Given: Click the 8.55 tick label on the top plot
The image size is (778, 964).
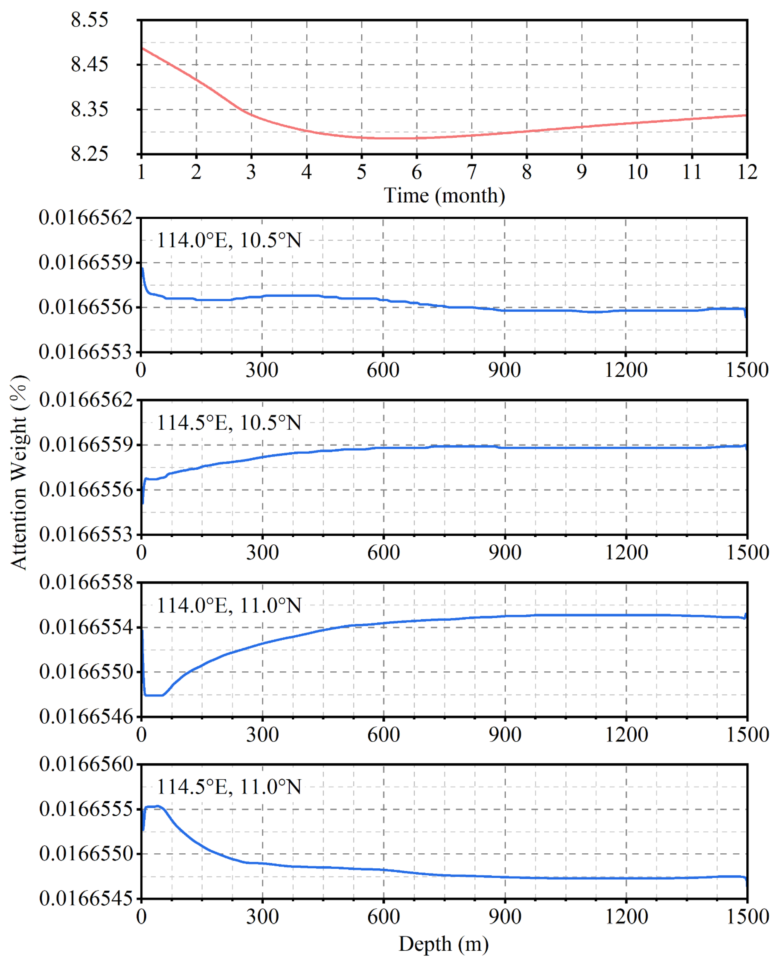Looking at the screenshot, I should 89,20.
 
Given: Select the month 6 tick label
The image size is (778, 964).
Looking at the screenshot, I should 416,172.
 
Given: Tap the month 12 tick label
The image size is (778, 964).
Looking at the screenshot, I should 747,172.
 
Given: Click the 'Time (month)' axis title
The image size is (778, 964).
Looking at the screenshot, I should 444,196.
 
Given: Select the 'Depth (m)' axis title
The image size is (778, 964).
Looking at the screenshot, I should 443,944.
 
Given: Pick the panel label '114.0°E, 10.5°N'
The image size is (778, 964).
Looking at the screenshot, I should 229,241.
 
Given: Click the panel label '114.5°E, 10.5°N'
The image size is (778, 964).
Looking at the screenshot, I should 229,423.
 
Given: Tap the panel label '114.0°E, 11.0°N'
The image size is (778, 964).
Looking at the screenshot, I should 229,605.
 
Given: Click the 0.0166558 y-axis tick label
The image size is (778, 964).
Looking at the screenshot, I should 86,582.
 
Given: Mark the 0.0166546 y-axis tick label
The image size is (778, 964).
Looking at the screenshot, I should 86,717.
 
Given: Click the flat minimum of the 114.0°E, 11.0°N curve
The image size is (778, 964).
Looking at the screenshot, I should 154,695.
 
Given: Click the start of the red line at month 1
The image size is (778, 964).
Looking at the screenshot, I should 142,48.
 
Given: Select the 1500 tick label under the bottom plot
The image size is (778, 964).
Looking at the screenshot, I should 747,917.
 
